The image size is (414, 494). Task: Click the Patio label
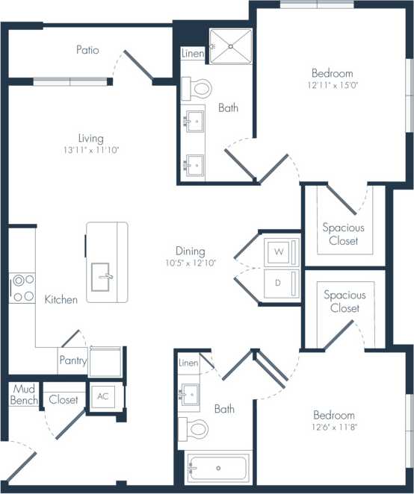[87, 50]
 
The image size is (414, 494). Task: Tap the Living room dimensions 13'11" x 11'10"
[90, 150]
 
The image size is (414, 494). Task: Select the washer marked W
[279, 252]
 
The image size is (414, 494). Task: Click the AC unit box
[102, 396]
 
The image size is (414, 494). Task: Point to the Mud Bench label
[23, 395]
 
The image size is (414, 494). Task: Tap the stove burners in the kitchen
[22, 288]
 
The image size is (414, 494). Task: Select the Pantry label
[72, 360]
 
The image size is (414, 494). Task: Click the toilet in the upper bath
[197, 88]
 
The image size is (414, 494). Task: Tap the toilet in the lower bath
[196, 428]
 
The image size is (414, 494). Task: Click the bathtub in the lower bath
[218, 468]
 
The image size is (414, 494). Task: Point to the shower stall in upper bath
[231, 46]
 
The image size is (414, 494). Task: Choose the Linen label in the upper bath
[193, 54]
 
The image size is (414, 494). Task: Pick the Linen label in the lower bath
[189, 363]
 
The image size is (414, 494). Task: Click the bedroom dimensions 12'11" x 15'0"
[333, 87]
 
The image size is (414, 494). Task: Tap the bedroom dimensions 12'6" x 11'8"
[333, 428]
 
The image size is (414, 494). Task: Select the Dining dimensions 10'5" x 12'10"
[191, 263]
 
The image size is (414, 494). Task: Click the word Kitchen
[61, 299]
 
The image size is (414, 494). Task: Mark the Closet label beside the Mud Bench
[64, 400]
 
